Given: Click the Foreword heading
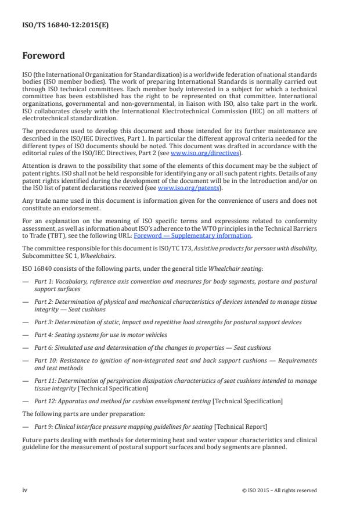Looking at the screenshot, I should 44,56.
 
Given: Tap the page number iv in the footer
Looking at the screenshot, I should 25,490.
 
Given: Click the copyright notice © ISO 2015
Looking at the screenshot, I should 279,490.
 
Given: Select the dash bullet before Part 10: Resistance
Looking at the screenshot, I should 26,361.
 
